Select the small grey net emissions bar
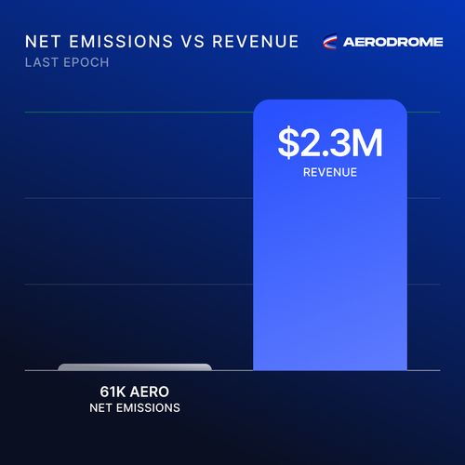coord(135,367)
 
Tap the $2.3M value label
coord(330,143)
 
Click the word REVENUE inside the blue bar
coord(330,172)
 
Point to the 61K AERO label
coord(135,392)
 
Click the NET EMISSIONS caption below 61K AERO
coord(135,408)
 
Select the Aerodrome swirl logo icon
coord(330,42)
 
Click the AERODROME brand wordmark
coord(393,42)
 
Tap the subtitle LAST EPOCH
coord(67,62)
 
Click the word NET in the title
coord(43,42)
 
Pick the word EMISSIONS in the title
coord(121,42)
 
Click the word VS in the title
coord(193,42)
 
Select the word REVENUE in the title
coord(256,42)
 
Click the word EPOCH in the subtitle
coord(86,62)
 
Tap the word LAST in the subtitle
coord(42,62)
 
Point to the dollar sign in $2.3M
coord(288,143)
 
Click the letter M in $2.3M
coord(367,143)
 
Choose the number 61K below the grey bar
coord(113,392)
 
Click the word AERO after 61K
coord(150,392)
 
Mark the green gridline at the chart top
coord(232,112)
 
